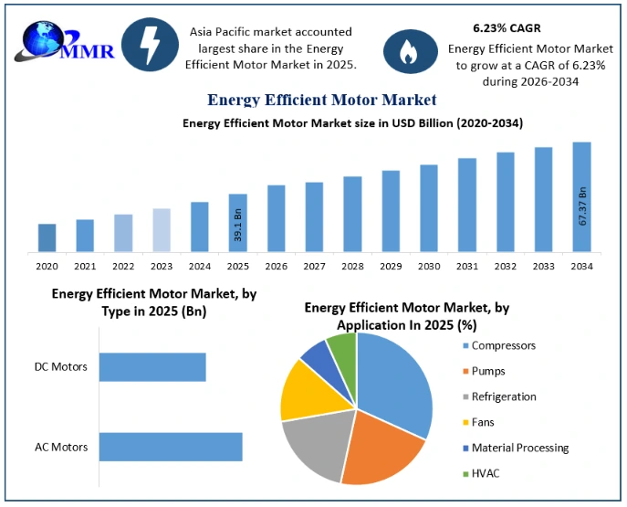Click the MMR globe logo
[64, 42]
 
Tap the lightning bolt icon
[150, 45]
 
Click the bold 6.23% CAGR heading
[507, 28]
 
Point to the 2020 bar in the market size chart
[47, 238]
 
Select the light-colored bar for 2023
[162, 230]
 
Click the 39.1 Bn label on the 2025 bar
[238, 226]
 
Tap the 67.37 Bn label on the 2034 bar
[582, 206]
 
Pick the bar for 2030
[429, 208]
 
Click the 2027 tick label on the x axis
[314, 266]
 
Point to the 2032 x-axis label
[506, 266]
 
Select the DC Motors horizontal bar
[152, 367]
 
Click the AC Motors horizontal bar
[171, 447]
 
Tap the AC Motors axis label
[61, 447]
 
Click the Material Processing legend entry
[516, 448]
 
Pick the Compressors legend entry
[499, 345]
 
